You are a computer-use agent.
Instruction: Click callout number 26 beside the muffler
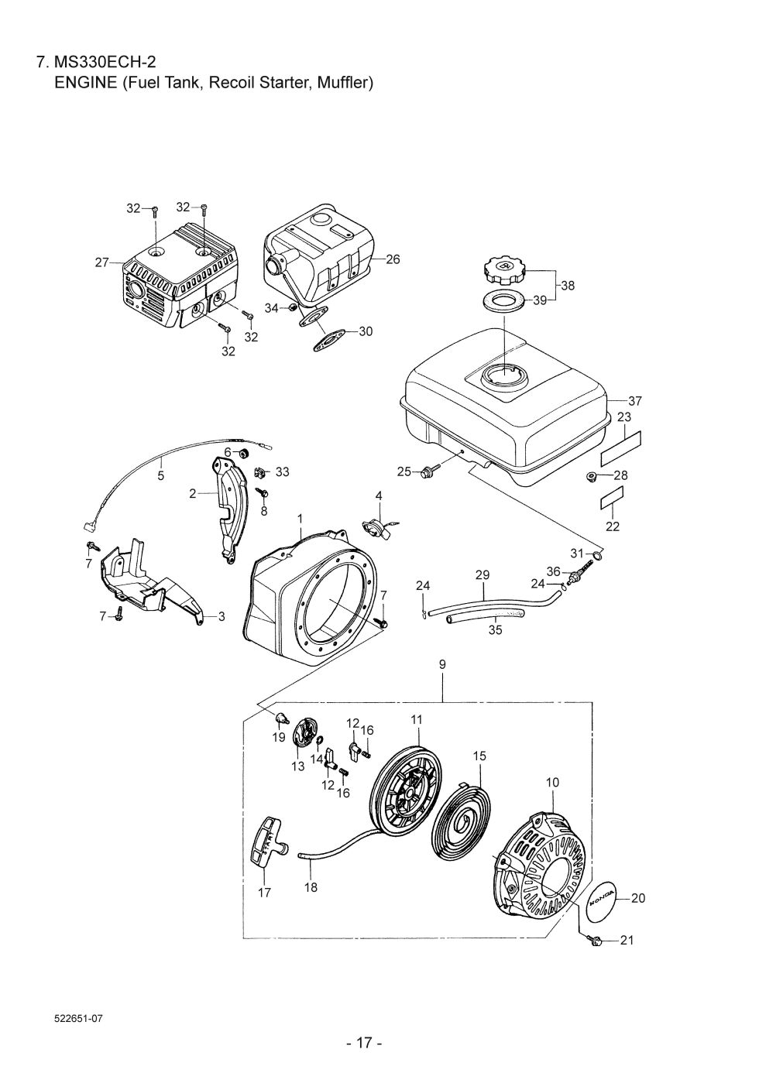(x=393, y=259)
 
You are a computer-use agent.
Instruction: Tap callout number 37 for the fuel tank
(x=634, y=400)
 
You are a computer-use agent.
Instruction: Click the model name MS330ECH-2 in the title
(x=105, y=62)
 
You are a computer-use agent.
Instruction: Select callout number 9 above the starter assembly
(x=441, y=664)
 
